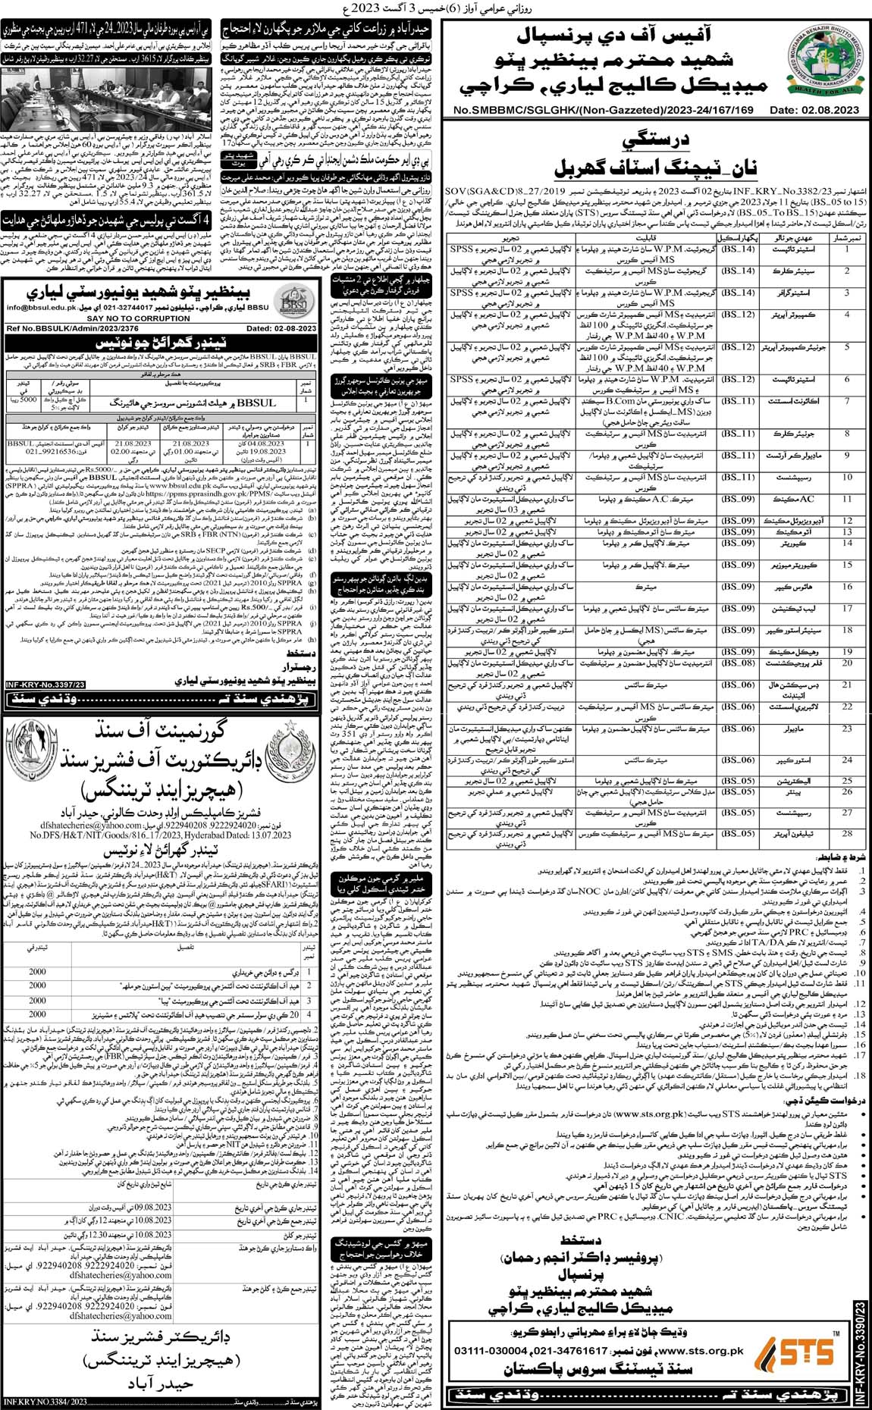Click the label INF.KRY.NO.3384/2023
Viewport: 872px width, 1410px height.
click(x=45, y=1400)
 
